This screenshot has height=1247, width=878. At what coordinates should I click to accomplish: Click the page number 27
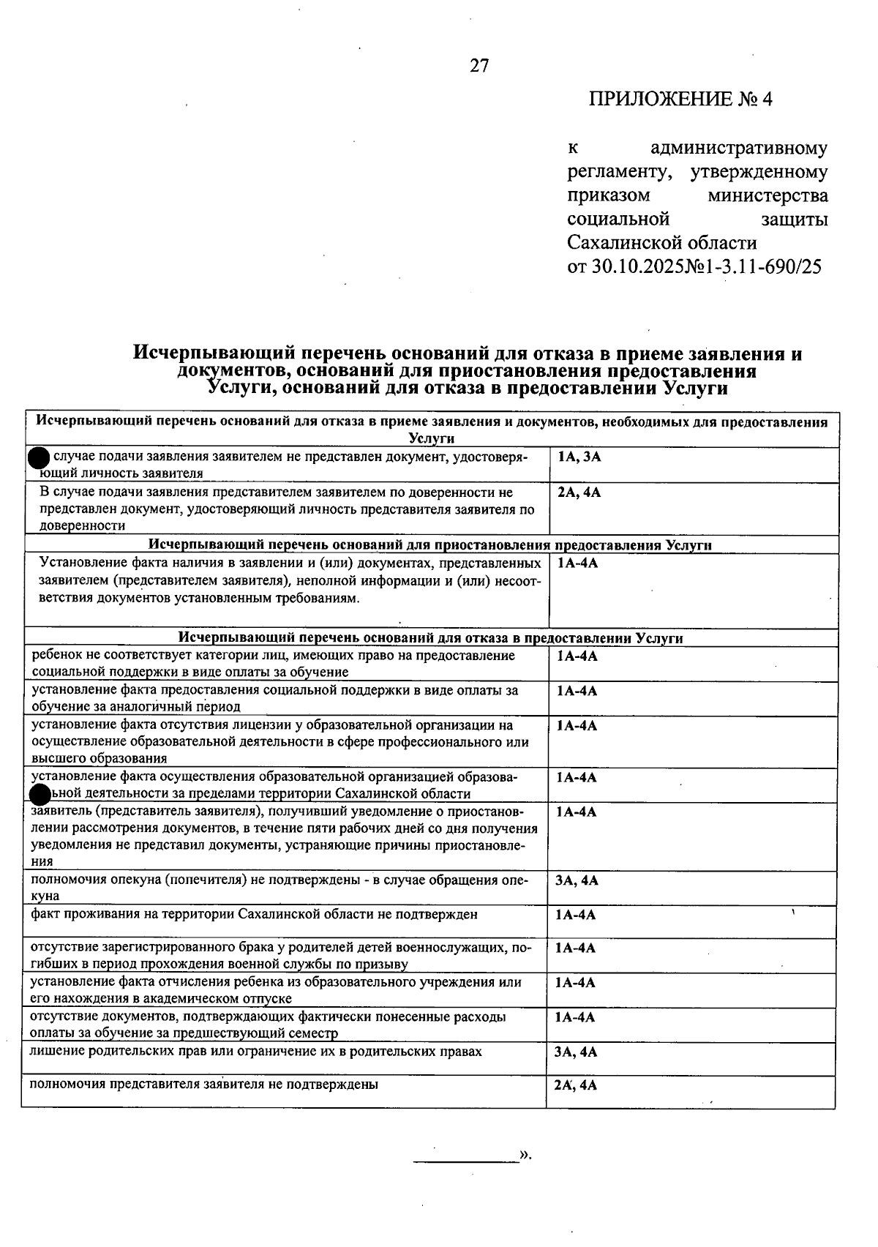[x=479, y=66]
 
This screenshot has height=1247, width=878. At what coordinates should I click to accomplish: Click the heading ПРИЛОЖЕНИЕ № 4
[x=680, y=99]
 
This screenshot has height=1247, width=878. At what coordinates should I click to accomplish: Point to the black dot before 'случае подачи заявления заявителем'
[x=38, y=458]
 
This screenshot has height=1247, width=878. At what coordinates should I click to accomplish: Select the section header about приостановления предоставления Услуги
[x=430, y=545]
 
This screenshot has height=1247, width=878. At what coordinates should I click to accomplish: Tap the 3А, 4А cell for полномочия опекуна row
[x=576, y=880]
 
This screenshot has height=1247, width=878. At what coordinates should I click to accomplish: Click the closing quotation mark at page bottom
[x=525, y=1155]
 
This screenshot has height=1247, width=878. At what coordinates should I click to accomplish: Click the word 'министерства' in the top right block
[x=768, y=196]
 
